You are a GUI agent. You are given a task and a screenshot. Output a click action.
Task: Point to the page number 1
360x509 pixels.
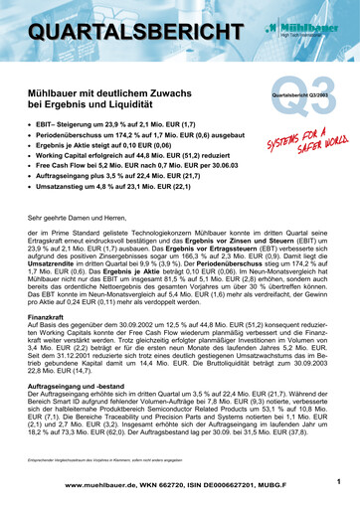pos(339,482)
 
